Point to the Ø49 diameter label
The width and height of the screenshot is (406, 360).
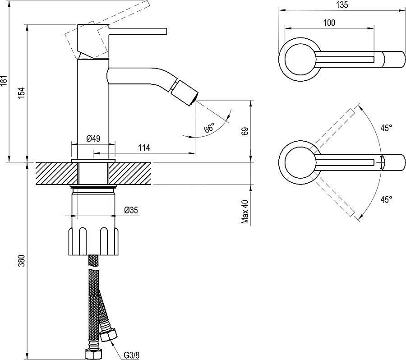tap(93, 139)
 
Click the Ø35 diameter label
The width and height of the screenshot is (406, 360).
tap(131, 210)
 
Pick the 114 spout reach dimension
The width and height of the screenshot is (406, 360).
tap(144, 148)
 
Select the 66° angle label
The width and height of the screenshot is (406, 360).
tap(210, 128)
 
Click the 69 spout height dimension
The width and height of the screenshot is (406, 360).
tap(245, 131)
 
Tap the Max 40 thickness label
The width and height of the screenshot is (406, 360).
tap(245, 212)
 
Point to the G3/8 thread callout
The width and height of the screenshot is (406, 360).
tap(131, 355)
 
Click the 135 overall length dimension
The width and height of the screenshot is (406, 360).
tap(342, 5)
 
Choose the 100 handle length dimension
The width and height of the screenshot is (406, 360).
tap(329, 23)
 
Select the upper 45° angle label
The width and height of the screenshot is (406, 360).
tap(386, 128)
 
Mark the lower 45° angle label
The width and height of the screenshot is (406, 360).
tap(386, 199)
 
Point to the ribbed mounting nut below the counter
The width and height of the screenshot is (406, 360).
tap(93, 242)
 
